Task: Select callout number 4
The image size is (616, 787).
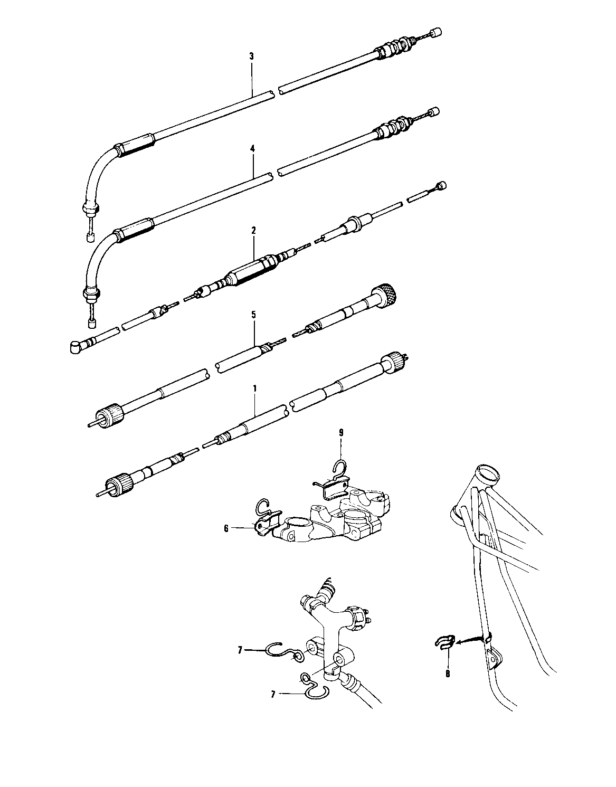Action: [x=252, y=150]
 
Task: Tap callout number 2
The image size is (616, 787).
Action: [x=253, y=230]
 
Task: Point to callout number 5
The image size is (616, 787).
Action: [x=254, y=315]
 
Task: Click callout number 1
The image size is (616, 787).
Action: [x=254, y=388]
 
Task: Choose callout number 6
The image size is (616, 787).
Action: [x=226, y=528]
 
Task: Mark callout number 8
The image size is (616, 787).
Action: [x=448, y=674]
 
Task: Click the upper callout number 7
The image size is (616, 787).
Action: [x=240, y=651]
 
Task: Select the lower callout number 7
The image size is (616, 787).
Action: [x=273, y=695]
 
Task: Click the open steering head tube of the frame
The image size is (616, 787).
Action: [x=487, y=474]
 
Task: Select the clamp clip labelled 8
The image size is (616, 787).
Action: [x=444, y=642]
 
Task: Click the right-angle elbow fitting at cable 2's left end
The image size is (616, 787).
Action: [x=77, y=346]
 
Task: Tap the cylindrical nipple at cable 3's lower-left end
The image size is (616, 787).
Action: [x=89, y=237]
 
